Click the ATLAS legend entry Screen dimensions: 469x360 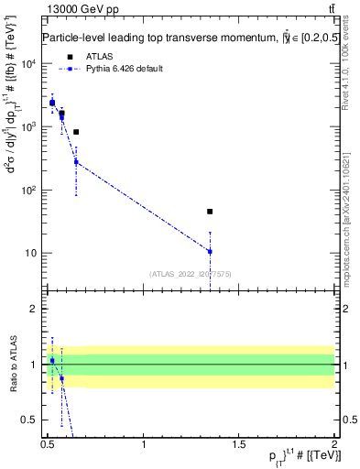pos(100,56)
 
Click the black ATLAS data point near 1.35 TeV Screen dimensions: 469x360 pos(210,212)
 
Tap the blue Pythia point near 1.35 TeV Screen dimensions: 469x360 pos(210,251)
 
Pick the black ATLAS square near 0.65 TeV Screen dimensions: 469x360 pos(76,132)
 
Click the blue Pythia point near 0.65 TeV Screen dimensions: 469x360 pos(76,162)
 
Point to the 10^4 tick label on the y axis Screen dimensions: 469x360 pos(29,64)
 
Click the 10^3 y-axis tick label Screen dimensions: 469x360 pos(29,127)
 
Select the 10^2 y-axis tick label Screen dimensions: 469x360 pos(29,191)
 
